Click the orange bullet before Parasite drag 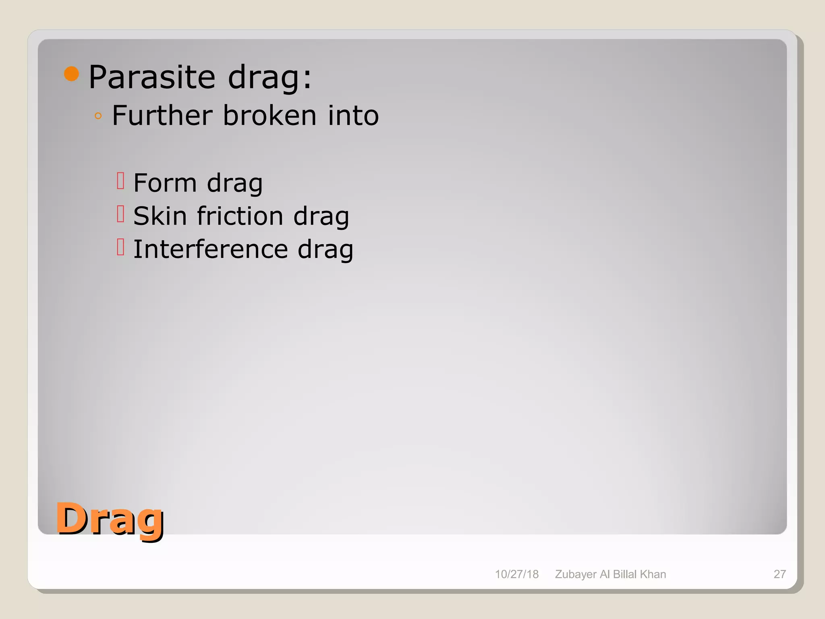(x=72, y=74)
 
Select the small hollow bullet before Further (x=98, y=116)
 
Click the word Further (x=162, y=116)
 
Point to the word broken (x=269, y=116)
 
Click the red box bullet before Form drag (x=120, y=181)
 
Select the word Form (x=165, y=183)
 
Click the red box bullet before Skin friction (x=120, y=214)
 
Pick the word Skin (x=160, y=216)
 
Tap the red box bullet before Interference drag (x=120, y=247)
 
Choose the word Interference (x=210, y=249)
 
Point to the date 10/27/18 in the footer (x=516, y=574)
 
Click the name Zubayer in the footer (x=575, y=574)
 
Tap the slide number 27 (x=779, y=574)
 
